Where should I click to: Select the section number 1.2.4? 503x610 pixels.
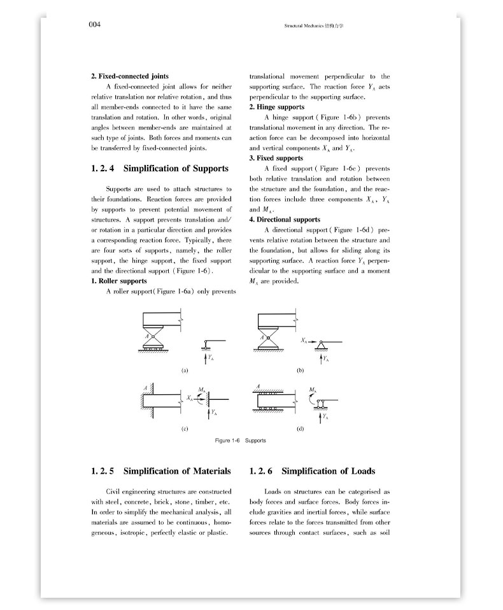click(x=103, y=169)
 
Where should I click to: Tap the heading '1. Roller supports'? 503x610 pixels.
click(x=119, y=281)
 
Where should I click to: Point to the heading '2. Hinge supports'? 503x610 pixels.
click(x=276, y=107)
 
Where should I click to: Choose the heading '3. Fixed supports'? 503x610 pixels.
click(x=276, y=158)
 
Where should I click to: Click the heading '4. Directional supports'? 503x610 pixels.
click(x=285, y=220)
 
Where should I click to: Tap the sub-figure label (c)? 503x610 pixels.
click(x=184, y=429)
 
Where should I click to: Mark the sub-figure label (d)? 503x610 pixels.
click(x=300, y=429)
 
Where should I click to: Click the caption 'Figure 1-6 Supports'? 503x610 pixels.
click(x=240, y=441)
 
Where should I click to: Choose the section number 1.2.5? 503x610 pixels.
click(x=103, y=471)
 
